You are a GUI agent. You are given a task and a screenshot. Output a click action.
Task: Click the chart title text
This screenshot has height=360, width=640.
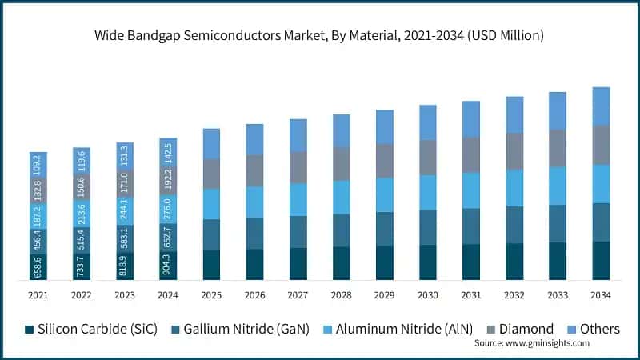(x=320, y=35)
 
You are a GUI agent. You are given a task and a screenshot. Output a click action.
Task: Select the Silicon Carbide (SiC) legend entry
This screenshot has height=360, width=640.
(x=88, y=329)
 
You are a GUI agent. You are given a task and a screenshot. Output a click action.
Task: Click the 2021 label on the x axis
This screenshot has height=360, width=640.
(x=38, y=295)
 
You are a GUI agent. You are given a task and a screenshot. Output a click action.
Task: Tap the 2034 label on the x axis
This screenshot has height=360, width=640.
(x=601, y=295)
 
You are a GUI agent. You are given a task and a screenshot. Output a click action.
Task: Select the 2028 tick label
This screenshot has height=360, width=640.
(x=341, y=295)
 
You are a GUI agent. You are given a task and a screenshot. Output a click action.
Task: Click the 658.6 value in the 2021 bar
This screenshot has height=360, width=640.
(x=38, y=267)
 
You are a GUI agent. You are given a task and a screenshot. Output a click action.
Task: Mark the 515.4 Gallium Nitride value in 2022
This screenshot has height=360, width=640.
(x=82, y=239)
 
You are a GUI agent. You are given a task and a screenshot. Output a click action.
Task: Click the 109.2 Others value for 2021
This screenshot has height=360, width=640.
(x=38, y=164)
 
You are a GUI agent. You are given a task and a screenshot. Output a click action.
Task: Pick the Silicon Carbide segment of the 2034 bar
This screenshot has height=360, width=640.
(x=601, y=260)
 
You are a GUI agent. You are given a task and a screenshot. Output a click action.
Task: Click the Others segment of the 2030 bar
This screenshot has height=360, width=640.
(x=428, y=122)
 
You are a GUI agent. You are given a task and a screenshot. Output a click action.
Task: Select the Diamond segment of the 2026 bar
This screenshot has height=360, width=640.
(x=254, y=170)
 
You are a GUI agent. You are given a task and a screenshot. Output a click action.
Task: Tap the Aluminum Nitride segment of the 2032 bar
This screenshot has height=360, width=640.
(x=514, y=188)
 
